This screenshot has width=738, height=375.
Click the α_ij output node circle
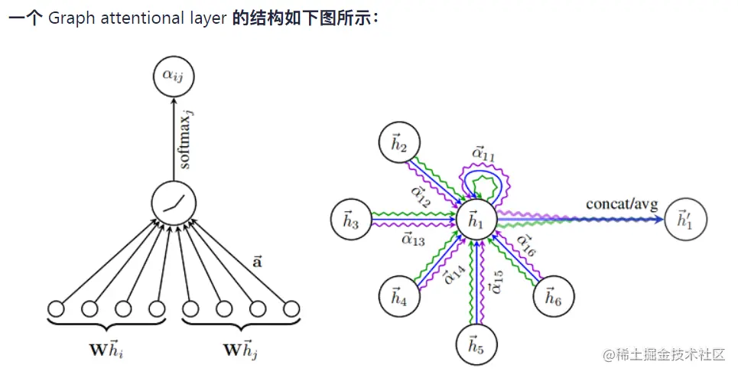tap(173, 76)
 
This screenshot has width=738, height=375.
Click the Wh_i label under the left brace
tap(106, 353)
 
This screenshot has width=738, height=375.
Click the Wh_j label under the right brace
tap(241, 353)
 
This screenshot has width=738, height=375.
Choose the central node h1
tap(476, 220)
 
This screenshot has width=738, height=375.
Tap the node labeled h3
tap(351, 220)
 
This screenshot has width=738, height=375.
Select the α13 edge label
tap(413, 240)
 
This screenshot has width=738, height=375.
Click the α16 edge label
tap(525, 246)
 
